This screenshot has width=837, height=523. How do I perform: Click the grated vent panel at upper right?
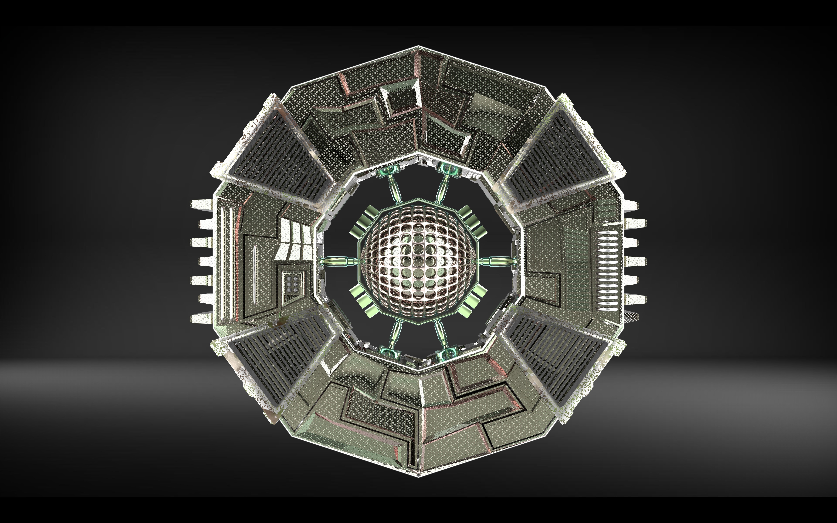(557, 152)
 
